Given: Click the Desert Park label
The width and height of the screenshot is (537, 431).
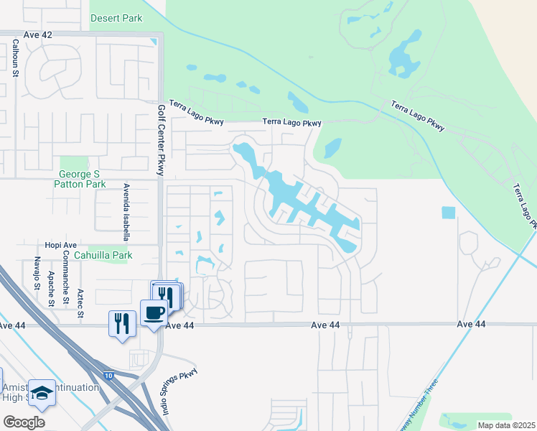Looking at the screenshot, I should tap(116, 17).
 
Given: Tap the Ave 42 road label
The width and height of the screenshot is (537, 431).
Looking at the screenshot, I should tap(38, 34).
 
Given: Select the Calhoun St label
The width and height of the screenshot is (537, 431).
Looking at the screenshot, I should tap(15, 57).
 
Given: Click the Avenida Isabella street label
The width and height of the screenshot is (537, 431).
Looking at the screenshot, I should tap(125, 210).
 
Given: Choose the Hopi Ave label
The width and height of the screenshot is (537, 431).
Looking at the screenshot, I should tap(60, 245).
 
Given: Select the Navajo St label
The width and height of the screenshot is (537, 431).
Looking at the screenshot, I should tap(36, 276).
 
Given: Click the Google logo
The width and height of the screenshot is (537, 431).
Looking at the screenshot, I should tap(24, 422).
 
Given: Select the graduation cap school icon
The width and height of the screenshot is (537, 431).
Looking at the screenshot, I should tap(42, 393).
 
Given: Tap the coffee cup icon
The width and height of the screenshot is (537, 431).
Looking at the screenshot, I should tap(154, 312).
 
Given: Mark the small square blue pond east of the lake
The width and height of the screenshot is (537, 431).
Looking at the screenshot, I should tap(448, 213).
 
